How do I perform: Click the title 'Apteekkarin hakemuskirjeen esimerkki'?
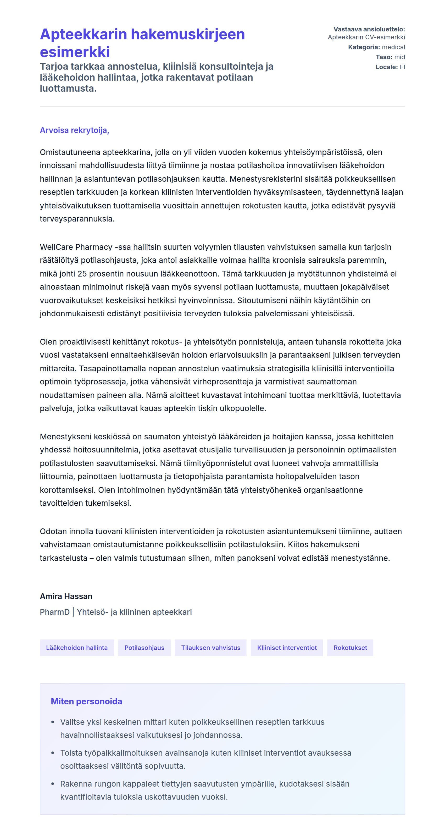142,43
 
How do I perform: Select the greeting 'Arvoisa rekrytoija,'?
74,130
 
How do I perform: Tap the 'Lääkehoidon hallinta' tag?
77,648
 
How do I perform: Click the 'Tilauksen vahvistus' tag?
211,648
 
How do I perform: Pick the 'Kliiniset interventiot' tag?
287,648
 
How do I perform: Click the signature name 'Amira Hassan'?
66,596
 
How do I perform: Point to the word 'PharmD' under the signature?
54,612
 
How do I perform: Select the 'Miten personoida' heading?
86,701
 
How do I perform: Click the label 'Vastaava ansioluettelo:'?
369,29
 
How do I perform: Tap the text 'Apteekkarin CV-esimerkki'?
366,37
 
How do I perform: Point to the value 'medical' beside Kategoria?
393,47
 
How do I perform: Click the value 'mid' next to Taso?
399,57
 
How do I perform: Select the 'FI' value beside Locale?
402,67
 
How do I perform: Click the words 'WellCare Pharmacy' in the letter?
76,247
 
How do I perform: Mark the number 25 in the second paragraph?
82,274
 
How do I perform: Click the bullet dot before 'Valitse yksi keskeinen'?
53,722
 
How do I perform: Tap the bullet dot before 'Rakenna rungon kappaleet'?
53,784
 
